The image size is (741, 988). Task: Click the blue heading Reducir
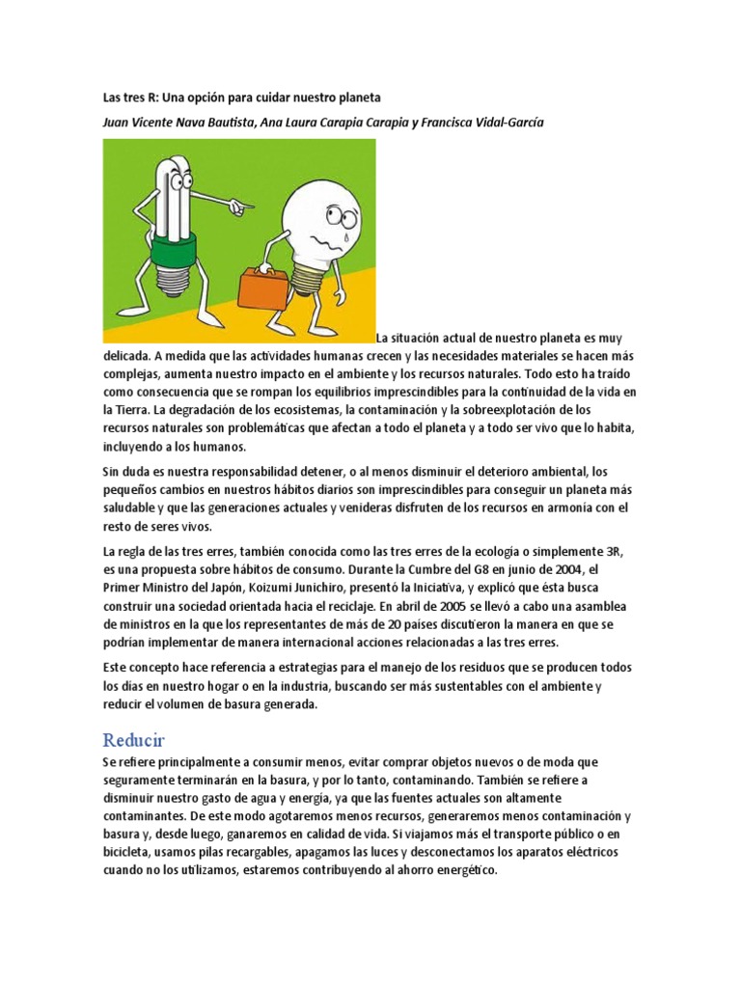[134, 740]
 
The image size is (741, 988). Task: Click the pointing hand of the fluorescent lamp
[241, 205]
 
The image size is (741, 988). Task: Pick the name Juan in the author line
[119, 122]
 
